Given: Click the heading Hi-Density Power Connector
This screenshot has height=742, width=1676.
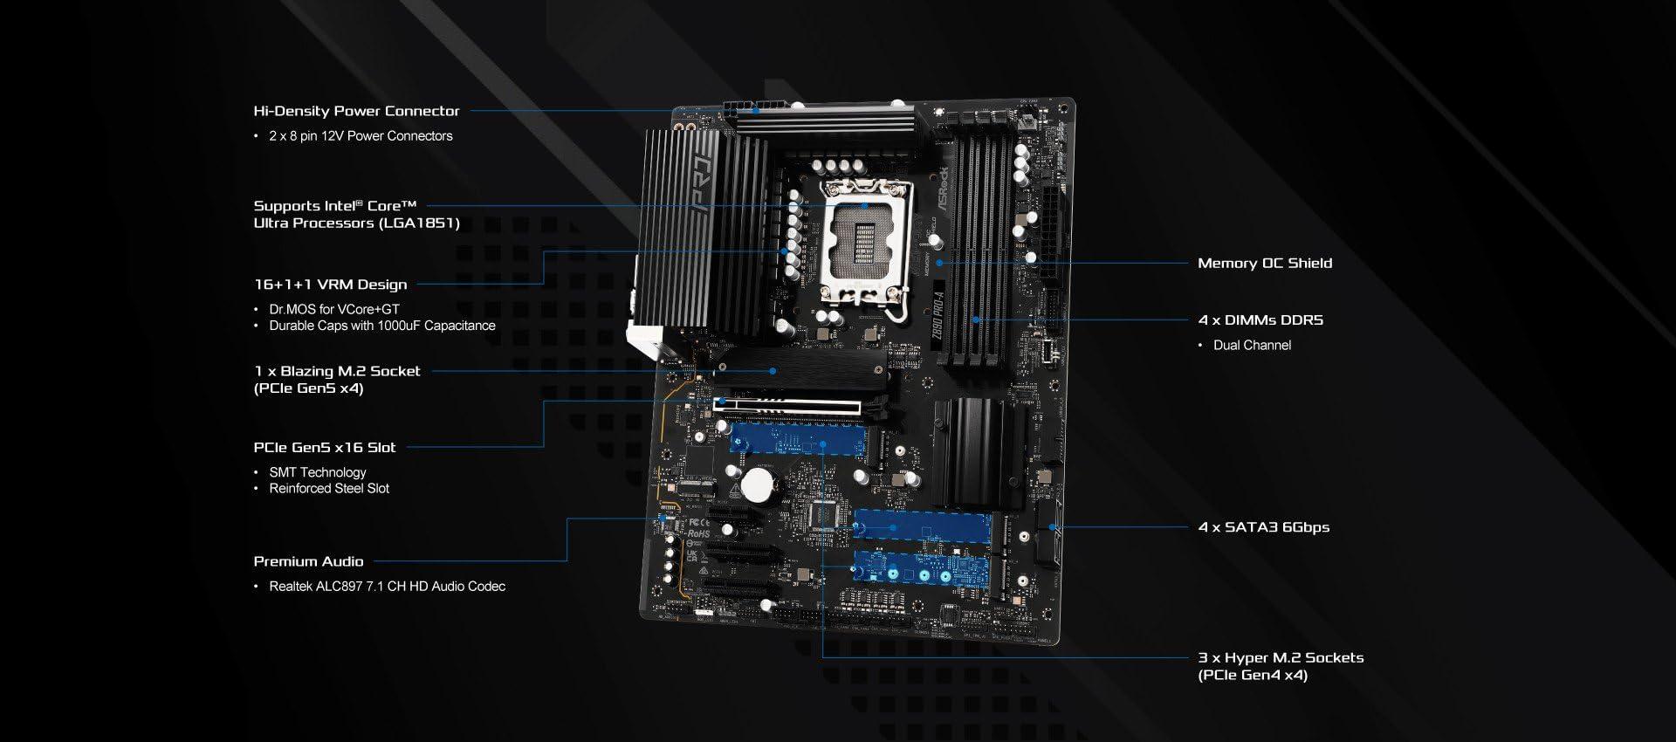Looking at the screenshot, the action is click(x=356, y=111).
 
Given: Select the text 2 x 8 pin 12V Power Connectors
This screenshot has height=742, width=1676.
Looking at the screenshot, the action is click(x=361, y=136).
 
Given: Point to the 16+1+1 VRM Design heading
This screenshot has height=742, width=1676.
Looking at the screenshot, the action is click(x=330, y=285).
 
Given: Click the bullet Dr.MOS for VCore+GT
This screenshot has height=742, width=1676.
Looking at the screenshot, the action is click(x=334, y=309).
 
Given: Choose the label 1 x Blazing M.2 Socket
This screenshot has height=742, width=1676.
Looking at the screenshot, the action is click(x=337, y=371).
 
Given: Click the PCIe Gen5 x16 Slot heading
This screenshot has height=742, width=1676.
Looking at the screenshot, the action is click(x=325, y=447).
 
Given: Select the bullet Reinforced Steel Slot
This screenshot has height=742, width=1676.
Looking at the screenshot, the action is click(x=329, y=489).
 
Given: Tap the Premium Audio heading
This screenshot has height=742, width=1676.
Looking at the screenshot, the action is click(x=308, y=561).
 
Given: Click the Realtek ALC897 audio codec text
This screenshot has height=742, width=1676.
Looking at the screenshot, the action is click(x=387, y=587).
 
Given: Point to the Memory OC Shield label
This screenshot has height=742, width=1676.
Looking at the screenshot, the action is click(x=1265, y=263).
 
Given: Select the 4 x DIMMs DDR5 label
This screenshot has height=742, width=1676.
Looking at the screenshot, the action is click(x=1260, y=320).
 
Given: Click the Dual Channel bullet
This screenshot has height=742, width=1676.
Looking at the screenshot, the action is click(x=1252, y=346).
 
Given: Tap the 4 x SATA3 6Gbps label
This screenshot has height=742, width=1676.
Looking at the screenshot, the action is click(x=1264, y=527).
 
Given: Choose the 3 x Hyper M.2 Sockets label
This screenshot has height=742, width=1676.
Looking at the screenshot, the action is click(x=1281, y=658).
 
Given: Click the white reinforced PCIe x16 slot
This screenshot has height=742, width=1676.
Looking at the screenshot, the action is click(x=786, y=405).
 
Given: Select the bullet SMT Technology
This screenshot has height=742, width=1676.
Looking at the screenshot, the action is click(x=318, y=472).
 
